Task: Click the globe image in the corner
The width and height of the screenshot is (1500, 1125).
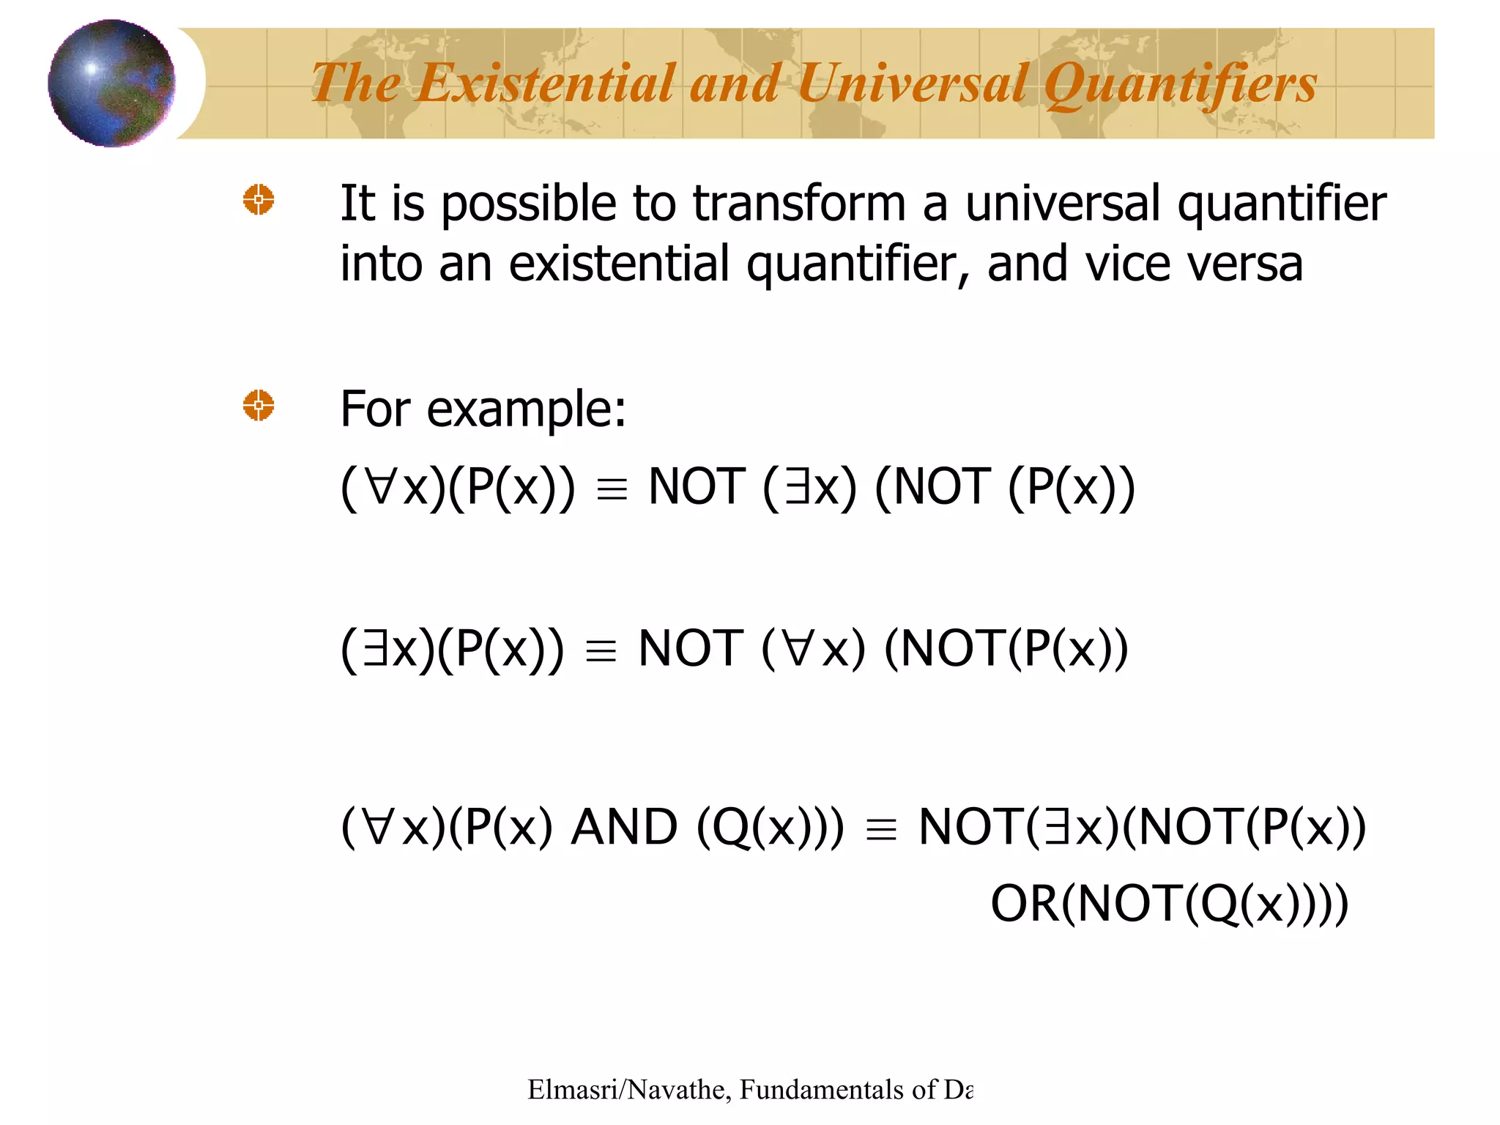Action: click(x=111, y=83)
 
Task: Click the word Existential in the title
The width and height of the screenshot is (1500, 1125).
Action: click(x=545, y=83)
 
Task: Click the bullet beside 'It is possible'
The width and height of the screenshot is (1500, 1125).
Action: click(x=259, y=199)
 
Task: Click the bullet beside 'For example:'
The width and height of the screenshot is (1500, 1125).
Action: click(x=259, y=405)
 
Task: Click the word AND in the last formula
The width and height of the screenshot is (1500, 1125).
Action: click(x=624, y=827)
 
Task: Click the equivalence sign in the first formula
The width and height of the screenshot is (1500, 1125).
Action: click(x=612, y=489)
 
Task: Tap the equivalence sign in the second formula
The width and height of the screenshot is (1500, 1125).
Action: click(x=601, y=650)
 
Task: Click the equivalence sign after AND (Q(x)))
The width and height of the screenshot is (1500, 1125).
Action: click(x=880, y=830)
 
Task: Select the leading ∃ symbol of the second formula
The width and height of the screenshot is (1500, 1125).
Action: click(x=375, y=648)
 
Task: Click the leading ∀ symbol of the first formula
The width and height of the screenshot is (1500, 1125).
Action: click(x=381, y=487)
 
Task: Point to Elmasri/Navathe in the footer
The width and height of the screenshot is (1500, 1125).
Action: click(x=626, y=1090)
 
